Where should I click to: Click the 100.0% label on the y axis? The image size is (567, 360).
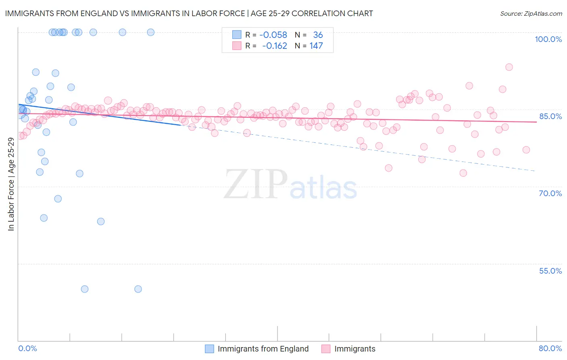coord(548,39)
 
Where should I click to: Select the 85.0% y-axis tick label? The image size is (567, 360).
coord(550,116)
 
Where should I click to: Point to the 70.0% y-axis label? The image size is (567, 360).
coord(550,193)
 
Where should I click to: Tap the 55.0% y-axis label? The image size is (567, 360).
coord(550,271)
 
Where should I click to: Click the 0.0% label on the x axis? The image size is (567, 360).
coord(27,348)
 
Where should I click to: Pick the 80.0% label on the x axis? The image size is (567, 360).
coord(550,348)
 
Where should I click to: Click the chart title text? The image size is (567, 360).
coord(189,13)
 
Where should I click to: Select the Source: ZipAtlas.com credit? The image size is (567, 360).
coord(531,13)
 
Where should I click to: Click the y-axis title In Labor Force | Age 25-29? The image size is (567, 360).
coord(11,184)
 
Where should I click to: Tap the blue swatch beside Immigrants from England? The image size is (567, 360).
coord(209,349)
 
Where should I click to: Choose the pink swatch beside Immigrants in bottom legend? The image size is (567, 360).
coord(326,349)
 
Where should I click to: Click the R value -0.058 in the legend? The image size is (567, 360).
coord(273,35)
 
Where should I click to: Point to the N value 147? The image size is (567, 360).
coord(316,46)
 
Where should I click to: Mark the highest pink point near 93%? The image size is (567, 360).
coord(509,67)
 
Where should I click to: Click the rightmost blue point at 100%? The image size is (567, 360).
coord(150,32)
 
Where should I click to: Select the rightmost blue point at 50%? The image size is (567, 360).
coord(138,289)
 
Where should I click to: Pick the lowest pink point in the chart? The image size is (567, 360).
coord(463,173)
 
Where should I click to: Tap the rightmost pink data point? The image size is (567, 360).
coord(526,150)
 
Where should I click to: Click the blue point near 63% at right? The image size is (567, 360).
coord(101,222)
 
